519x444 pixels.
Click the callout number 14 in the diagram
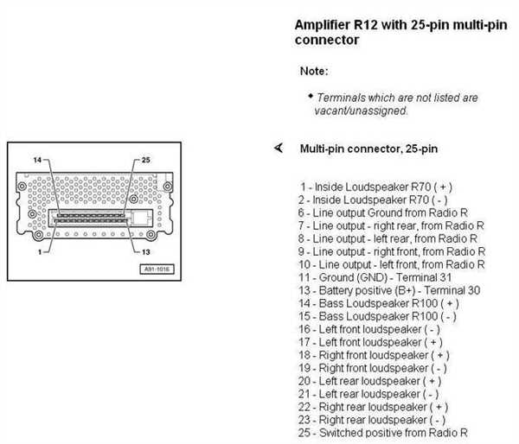37,160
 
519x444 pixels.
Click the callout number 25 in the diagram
146,160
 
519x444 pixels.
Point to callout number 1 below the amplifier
40,252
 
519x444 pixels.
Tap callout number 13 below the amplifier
146,252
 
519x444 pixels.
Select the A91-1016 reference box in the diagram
157,270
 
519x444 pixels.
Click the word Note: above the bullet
314,71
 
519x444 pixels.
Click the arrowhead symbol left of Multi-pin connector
279,148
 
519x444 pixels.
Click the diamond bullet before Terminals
311,96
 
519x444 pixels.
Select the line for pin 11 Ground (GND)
375,277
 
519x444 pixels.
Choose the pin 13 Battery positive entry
389,290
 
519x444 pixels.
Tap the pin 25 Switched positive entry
382,433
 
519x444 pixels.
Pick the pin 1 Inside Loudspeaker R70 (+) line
376,187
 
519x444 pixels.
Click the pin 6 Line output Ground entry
382,212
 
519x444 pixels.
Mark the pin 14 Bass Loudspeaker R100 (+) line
378,303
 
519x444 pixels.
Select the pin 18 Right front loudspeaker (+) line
374,355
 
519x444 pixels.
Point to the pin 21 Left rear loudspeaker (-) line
368,394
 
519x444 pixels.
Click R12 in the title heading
365,25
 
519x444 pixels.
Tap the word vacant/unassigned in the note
361,111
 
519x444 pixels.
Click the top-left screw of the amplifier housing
22,186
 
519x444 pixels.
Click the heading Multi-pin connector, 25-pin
368,149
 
